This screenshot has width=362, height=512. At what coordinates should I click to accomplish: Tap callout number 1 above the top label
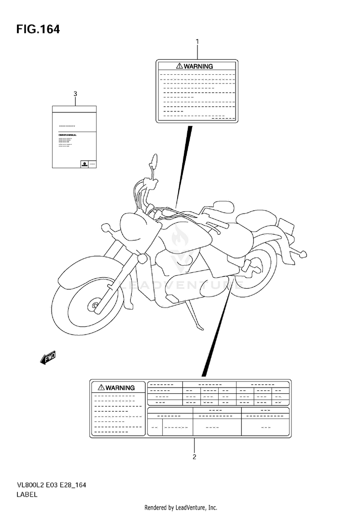(197, 42)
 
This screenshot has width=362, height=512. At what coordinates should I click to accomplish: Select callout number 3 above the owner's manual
(75, 94)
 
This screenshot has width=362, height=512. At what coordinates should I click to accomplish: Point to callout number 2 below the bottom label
(194, 457)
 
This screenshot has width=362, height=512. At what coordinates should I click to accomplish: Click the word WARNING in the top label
(198, 67)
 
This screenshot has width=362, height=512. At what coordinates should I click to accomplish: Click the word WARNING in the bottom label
(120, 387)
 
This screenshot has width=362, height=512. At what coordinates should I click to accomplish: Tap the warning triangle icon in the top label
(179, 66)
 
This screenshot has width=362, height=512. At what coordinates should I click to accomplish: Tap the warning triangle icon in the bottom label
(101, 387)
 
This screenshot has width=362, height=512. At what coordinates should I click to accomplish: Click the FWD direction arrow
(48, 357)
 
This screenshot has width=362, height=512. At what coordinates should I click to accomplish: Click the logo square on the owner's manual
(83, 164)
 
